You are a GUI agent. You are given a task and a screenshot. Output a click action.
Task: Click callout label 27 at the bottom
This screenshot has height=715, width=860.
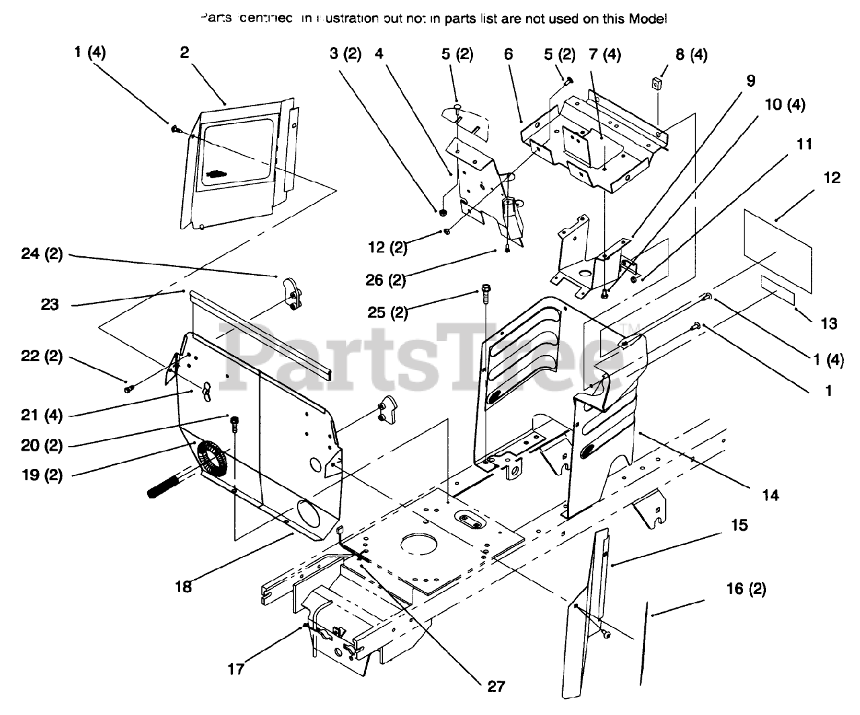click(496, 686)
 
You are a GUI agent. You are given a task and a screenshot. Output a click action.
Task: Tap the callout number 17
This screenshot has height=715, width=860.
click(236, 669)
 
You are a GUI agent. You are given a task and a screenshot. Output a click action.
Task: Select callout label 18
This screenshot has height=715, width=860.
click(183, 587)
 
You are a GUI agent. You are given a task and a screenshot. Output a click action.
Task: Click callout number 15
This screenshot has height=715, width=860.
click(739, 525)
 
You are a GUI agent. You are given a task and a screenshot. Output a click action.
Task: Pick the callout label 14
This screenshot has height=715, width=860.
click(771, 495)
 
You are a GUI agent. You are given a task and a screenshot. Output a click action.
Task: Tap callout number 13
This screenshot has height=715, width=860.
click(829, 324)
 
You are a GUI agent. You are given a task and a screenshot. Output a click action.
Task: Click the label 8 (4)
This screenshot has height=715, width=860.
click(691, 54)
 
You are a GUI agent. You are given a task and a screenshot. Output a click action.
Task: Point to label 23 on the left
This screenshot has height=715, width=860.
click(50, 305)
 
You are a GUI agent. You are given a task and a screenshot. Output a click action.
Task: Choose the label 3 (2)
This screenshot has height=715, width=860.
click(345, 54)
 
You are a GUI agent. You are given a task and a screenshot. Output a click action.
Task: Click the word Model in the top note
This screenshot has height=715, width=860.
click(648, 20)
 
